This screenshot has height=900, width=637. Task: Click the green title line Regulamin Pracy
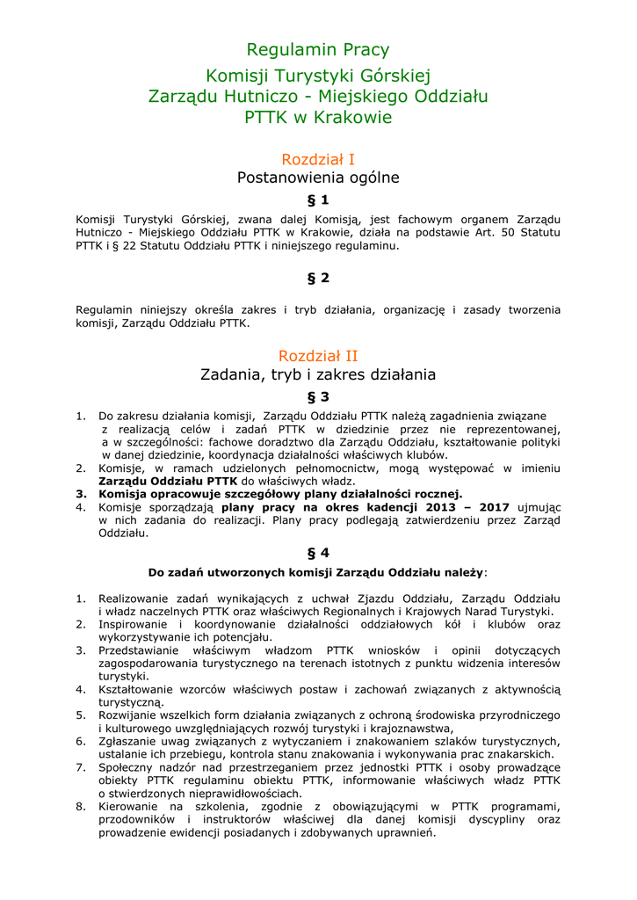point(317,50)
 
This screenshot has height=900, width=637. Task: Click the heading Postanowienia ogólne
point(317,178)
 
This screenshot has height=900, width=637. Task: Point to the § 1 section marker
point(317,200)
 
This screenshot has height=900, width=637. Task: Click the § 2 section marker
point(317,279)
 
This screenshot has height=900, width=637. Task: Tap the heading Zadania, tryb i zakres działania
point(317,375)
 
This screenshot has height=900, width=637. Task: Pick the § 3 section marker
point(317,397)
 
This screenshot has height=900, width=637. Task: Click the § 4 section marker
point(317,553)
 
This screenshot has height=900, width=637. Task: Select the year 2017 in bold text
point(495,507)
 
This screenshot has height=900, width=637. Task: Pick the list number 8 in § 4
point(80,806)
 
